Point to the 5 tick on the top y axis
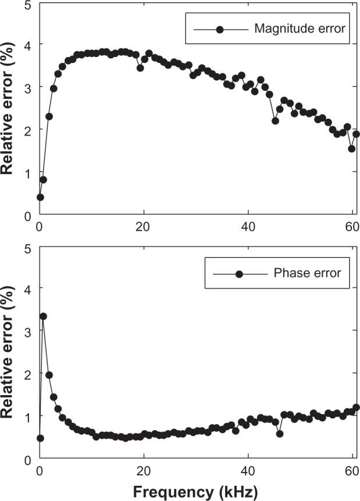[28, 6]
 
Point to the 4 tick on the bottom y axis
[28, 288]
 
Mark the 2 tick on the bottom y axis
[28, 374]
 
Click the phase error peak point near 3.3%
[43, 317]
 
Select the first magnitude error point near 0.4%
[40, 197]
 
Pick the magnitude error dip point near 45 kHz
[275, 120]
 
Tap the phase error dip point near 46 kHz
[280, 434]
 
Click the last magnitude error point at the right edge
[356, 134]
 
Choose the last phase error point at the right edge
[356, 407]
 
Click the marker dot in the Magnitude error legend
[220, 30]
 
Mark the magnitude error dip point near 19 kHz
[140, 67]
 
